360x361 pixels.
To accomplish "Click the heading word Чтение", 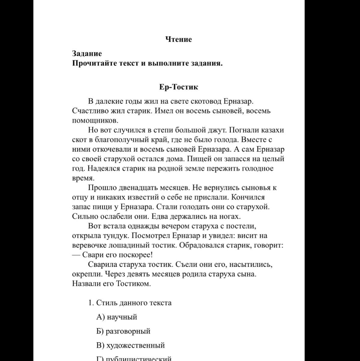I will coord(178,39).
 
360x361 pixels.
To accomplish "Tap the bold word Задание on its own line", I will coord(87,54).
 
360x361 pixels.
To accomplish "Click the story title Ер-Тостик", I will coord(178,87).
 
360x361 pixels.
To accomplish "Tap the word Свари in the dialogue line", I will coord(93,255).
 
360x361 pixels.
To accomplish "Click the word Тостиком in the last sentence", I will coord(133,284).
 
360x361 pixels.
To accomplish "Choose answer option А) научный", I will coord(117,317).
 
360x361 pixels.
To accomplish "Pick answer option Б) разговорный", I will coord(123,332).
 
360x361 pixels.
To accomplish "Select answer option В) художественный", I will coord(130,346).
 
